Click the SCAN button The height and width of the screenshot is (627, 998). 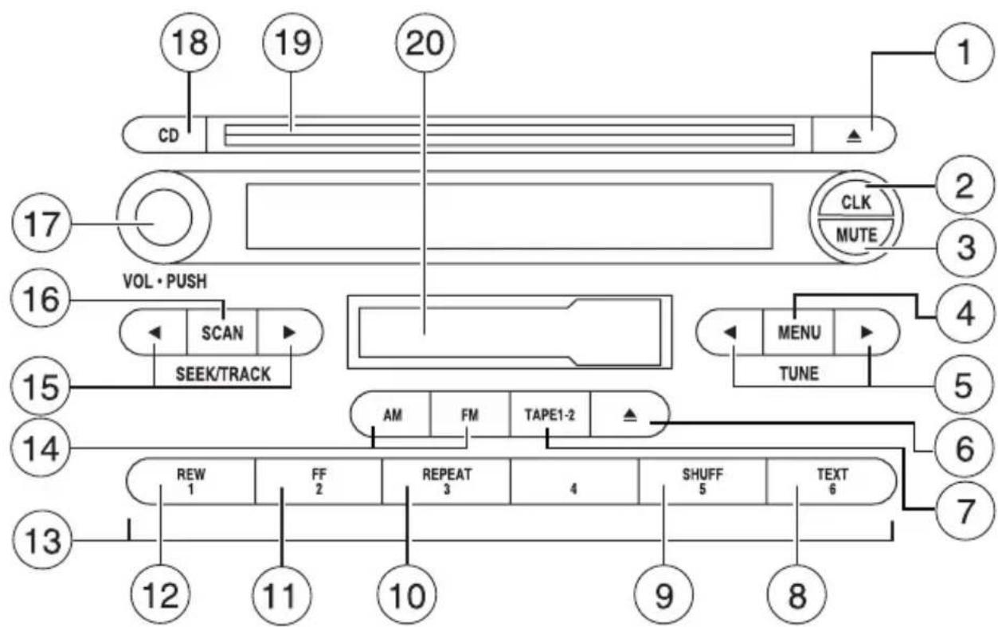pyautogui.click(x=222, y=332)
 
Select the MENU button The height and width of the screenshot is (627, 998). pyautogui.click(x=798, y=332)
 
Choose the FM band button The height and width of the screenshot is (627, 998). pyautogui.click(x=470, y=415)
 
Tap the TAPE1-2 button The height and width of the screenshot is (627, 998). pyautogui.click(x=550, y=415)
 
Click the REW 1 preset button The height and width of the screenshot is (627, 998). pyautogui.click(x=190, y=481)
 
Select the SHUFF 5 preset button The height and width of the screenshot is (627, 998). pyautogui.click(x=703, y=481)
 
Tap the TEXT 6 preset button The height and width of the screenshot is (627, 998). pyautogui.click(x=832, y=481)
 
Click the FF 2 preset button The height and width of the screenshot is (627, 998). pyautogui.click(x=318, y=481)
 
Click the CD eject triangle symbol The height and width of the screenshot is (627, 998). pyautogui.click(x=854, y=136)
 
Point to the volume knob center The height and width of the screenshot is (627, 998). pyautogui.click(x=163, y=217)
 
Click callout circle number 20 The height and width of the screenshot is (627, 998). pyautogui.click(x=425, y=43)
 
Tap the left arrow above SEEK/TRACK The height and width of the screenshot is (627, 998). pyautogui.click(x=155, y=332)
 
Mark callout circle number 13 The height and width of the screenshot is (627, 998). pyautogui.click(x=42, y=540)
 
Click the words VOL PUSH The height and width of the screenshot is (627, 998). pyautogui.click(x=165, y=282)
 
